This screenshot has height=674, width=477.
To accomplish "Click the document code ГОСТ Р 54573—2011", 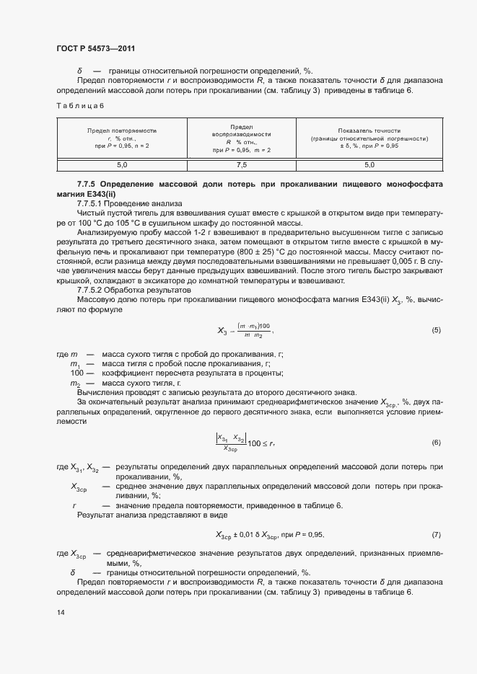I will (96, 48).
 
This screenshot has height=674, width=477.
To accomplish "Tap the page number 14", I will (61, 612).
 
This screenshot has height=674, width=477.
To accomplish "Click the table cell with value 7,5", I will (241, 165).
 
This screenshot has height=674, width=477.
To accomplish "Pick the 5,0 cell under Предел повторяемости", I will (122, 165).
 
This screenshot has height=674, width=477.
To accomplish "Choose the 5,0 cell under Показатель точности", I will (369, 165).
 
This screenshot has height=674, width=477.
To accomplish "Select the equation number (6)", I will (436, 442).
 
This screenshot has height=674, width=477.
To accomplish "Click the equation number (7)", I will (436, 535).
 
